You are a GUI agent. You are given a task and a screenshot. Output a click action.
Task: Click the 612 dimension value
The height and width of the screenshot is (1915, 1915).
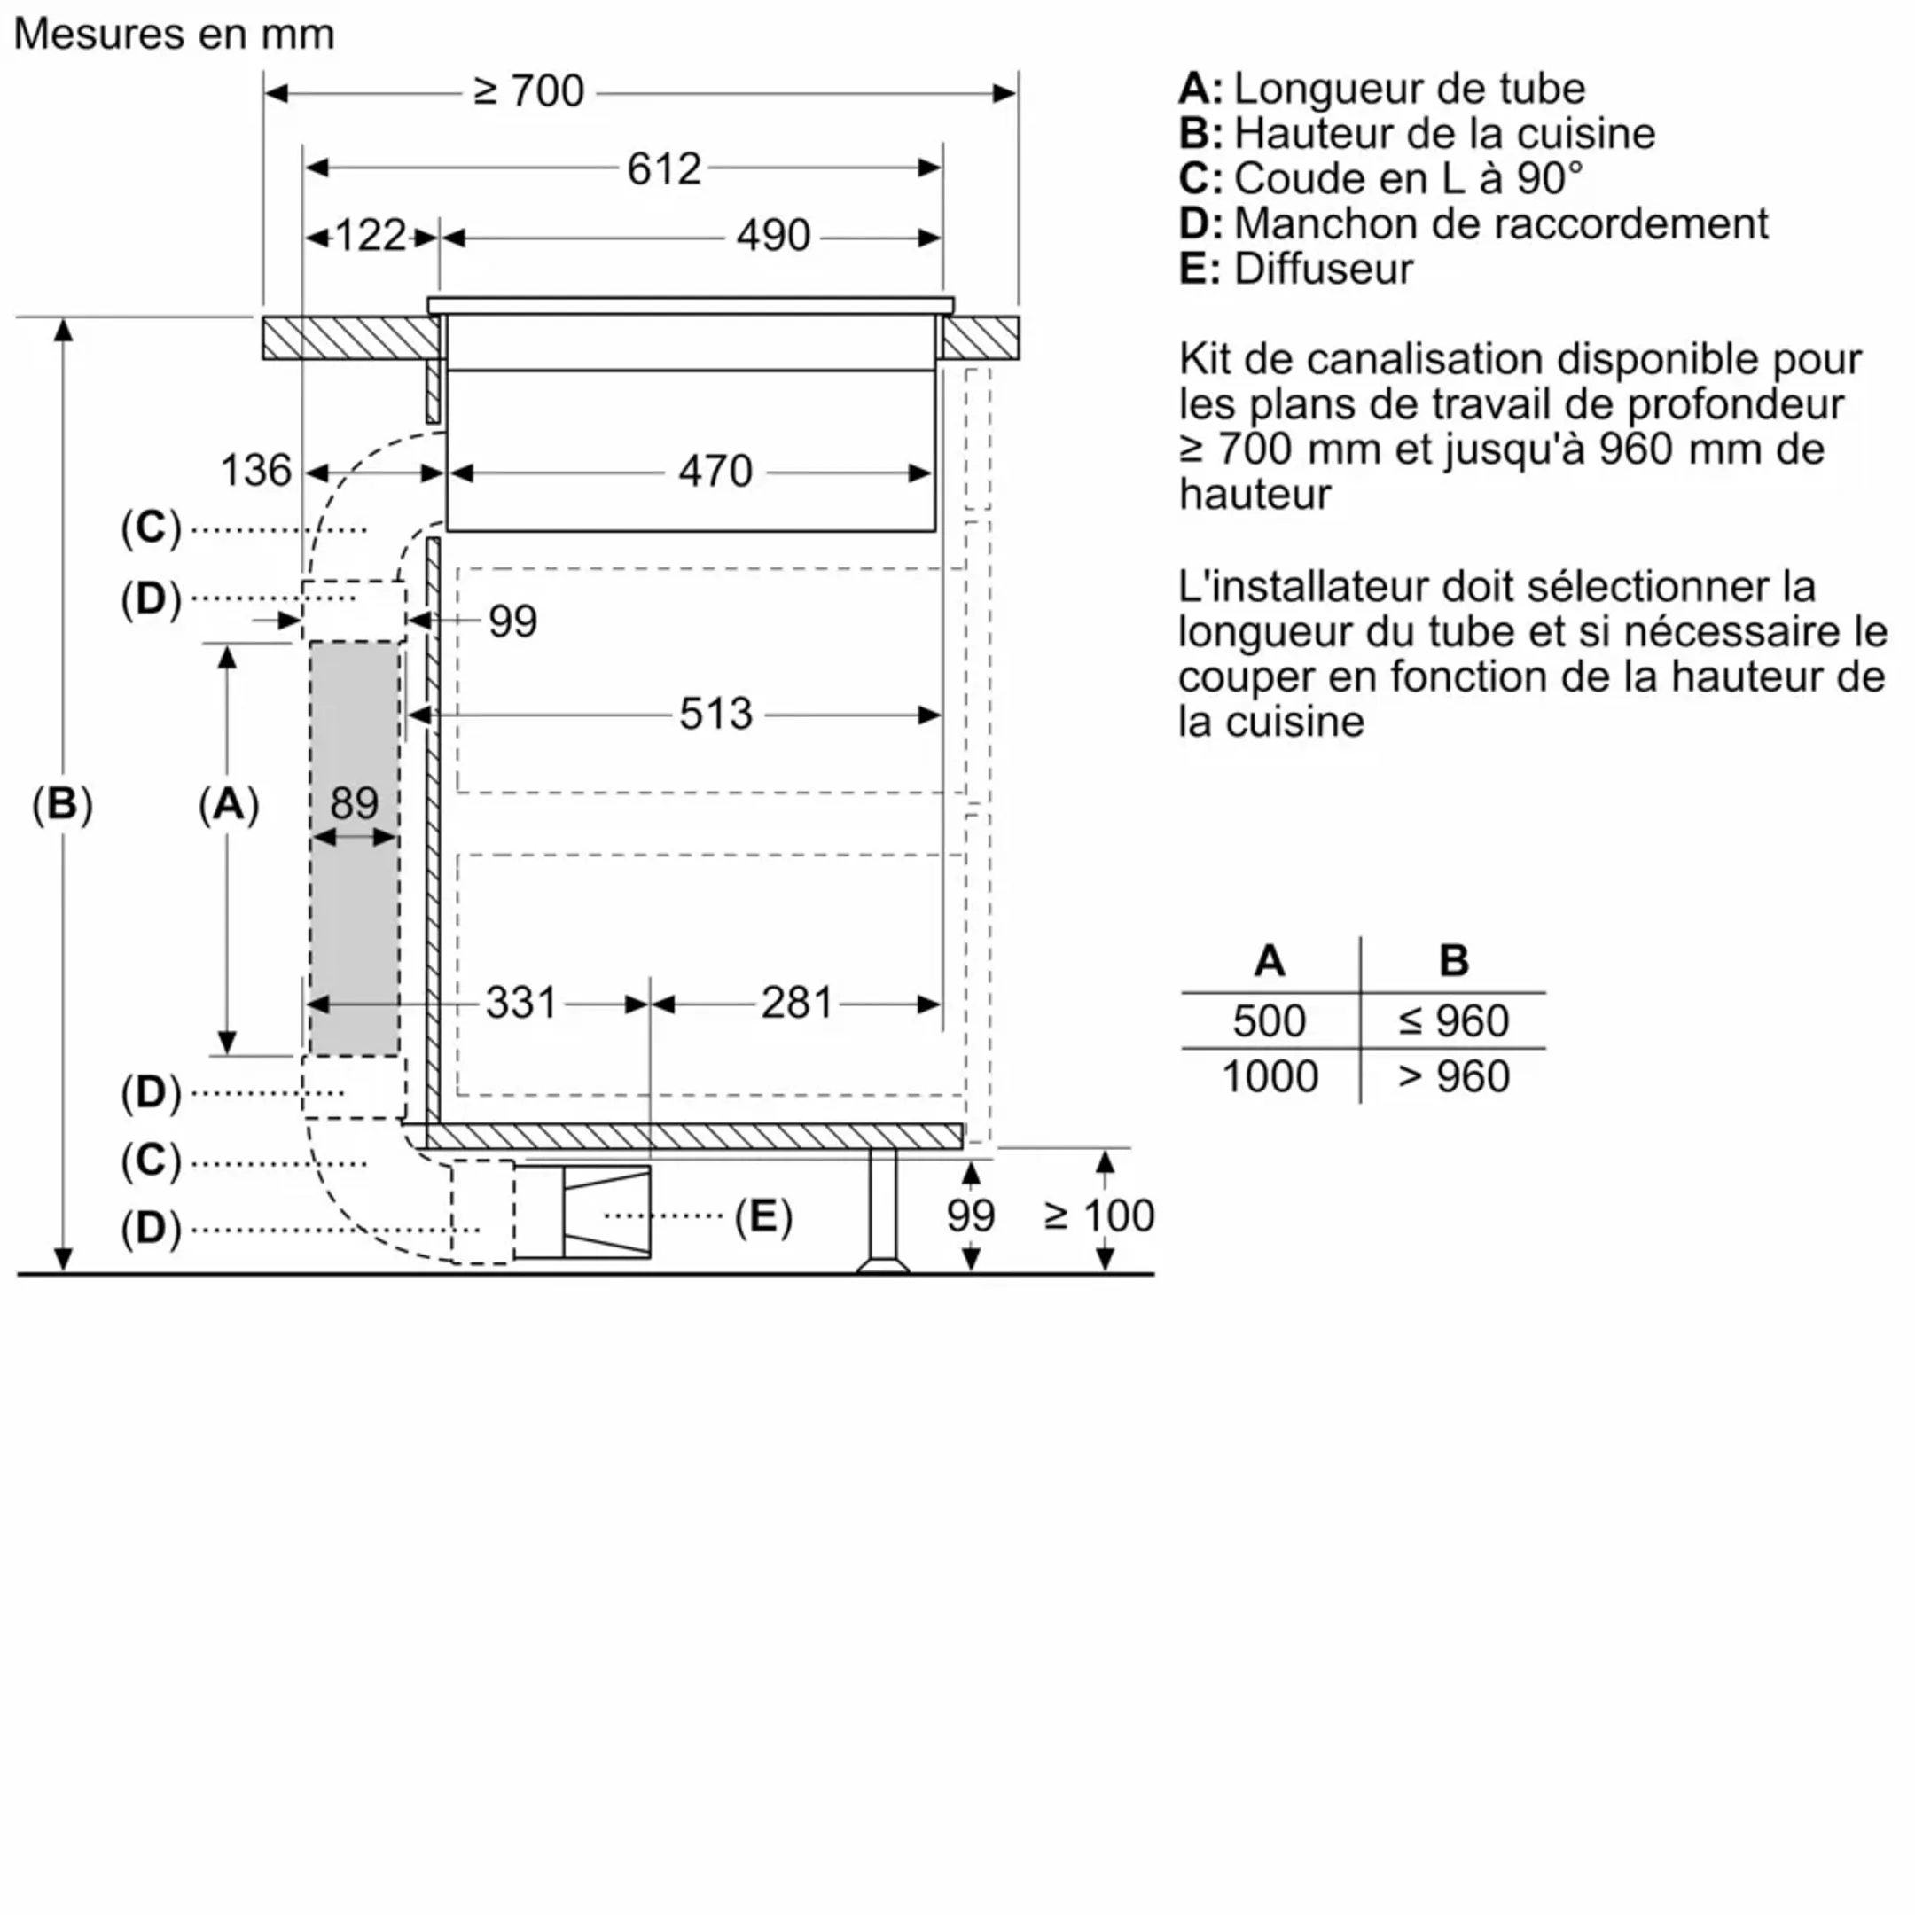point(663,168)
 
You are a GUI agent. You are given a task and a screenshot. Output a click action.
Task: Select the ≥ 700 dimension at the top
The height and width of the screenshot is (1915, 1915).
point(528,91)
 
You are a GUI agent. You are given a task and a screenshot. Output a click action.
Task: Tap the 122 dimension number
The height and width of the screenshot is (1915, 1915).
point(370,236)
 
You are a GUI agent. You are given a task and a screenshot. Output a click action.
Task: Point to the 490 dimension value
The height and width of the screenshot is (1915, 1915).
point(772,236)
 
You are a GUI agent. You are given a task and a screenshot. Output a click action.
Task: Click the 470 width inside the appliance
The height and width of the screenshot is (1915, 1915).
point(715,471)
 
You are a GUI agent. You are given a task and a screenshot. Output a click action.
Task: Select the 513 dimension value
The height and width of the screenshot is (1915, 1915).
point(715,714)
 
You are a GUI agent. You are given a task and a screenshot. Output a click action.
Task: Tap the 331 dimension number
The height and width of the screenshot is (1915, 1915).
point(520,1003)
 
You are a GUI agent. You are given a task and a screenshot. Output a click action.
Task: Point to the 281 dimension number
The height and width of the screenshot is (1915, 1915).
point(796,1003)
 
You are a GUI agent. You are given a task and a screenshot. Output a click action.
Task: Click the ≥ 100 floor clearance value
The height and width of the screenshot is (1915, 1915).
point(1098,1215)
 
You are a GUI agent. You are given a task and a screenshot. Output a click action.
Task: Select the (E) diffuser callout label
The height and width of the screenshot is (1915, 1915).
point(762,1215)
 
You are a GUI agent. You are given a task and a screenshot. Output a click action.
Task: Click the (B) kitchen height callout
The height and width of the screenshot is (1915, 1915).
point(62,803)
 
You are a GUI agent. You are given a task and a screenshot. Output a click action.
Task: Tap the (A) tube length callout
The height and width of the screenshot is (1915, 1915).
point(228,803)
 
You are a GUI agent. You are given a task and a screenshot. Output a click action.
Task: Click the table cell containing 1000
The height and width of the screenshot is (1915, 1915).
point(1270,1076)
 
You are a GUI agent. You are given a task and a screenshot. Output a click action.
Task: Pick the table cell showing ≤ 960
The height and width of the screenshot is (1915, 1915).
point(1453,1021)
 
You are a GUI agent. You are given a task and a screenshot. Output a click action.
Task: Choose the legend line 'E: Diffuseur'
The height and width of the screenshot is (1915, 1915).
point(1295,269)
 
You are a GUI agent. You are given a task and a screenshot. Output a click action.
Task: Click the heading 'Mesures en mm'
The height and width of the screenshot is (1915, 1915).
point(175,34)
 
